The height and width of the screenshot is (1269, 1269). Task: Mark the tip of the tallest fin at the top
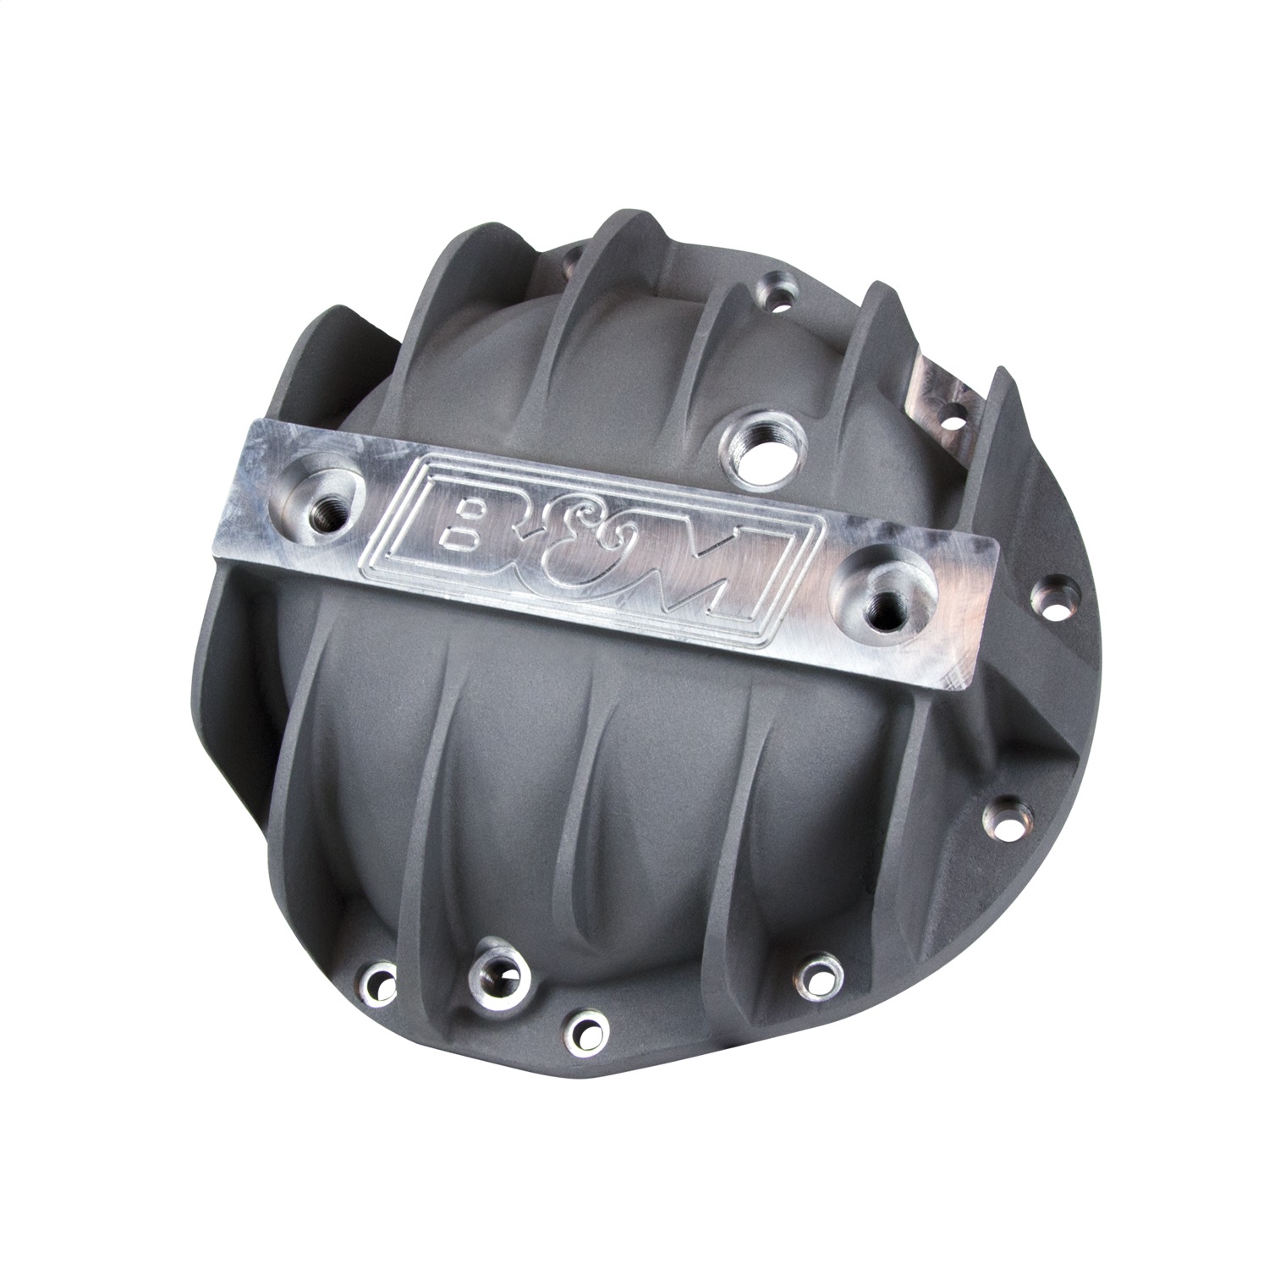point(618,203)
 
